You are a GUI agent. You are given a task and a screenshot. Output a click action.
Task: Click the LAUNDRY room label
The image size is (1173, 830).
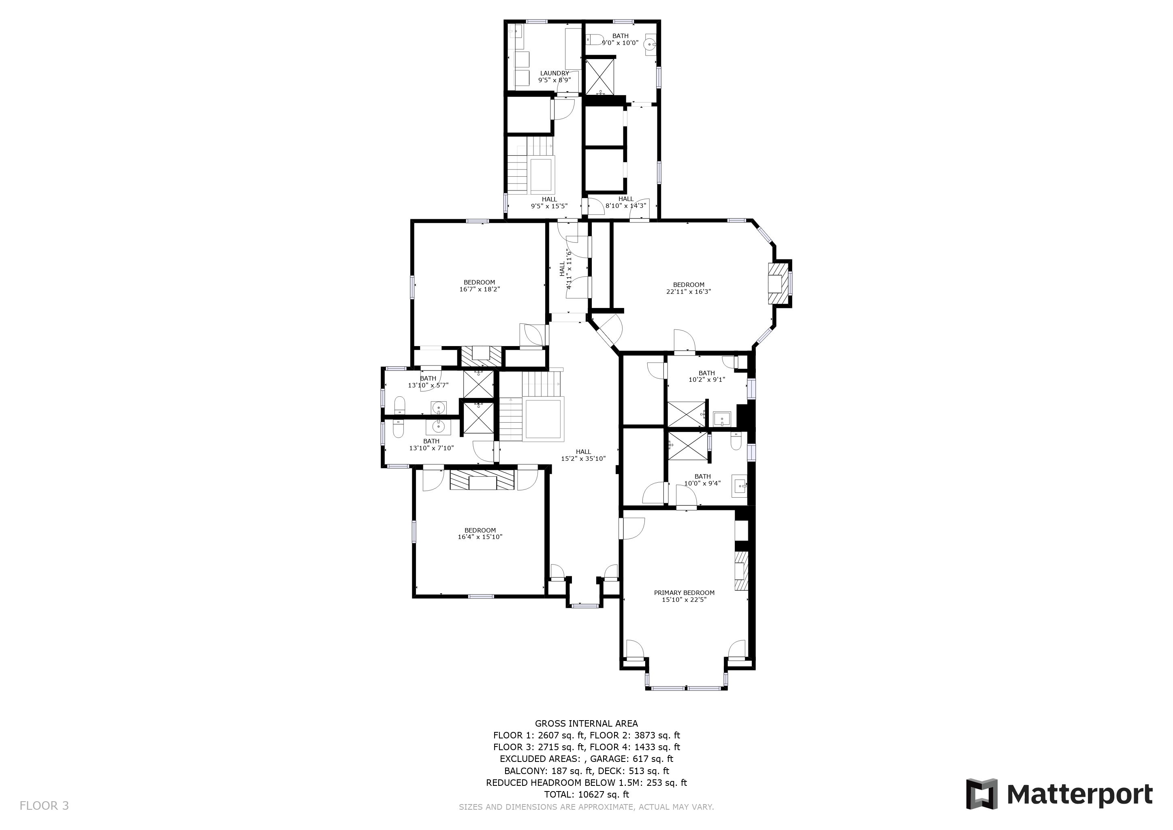pyautogui.click(x=555, y=73)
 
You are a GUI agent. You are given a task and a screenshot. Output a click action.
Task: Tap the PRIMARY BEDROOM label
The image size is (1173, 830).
pyautogui.click(x=684, y=593)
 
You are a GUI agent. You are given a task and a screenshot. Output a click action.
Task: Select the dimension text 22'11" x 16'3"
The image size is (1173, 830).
pyautogui.click(x=689, y=292)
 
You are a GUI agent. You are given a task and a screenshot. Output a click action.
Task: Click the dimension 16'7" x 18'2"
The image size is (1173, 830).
pyautogui.click(x=479, y=289)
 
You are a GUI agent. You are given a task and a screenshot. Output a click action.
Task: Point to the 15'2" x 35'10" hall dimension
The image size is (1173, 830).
pyautogui.click(x=583, y=459)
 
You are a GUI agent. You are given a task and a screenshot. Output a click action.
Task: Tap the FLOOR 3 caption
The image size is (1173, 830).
pyautogui.click(x=44, y=806)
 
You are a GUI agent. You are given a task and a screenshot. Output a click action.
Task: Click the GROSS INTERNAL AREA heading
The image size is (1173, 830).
pyautogui.click(x=586, y=724)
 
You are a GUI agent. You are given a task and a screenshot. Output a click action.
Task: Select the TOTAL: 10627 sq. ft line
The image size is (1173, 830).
pyautogui.click(x=586, y=795)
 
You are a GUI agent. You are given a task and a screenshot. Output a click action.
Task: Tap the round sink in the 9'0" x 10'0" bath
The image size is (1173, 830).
pyautogui.click(x=650, y=44)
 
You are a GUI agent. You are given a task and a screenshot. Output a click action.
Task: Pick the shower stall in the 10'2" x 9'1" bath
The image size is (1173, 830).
pyautogui.click(x=685, y=415)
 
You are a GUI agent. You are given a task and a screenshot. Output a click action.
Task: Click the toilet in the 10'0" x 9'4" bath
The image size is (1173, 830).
pyautogui.click(x=736, y=441)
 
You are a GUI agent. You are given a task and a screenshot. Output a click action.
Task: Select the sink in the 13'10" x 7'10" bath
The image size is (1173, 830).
pyautogui.click(x=438, y=426)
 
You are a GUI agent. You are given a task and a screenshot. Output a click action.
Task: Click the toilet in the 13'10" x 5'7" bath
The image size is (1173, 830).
pyautogui.click(x=399, y=406)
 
